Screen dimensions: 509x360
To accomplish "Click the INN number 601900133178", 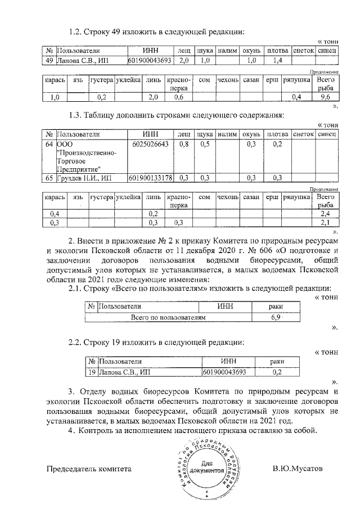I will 150,178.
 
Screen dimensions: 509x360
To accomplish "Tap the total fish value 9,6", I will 325,97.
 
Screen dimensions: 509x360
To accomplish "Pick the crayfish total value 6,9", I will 277,318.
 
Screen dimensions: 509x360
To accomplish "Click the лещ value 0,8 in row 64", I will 183,145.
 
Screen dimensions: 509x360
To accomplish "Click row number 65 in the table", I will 49,178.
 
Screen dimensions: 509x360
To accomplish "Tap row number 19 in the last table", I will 92,372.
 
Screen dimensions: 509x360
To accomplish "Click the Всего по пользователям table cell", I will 168,318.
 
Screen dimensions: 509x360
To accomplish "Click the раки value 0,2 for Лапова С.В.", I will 277,372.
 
